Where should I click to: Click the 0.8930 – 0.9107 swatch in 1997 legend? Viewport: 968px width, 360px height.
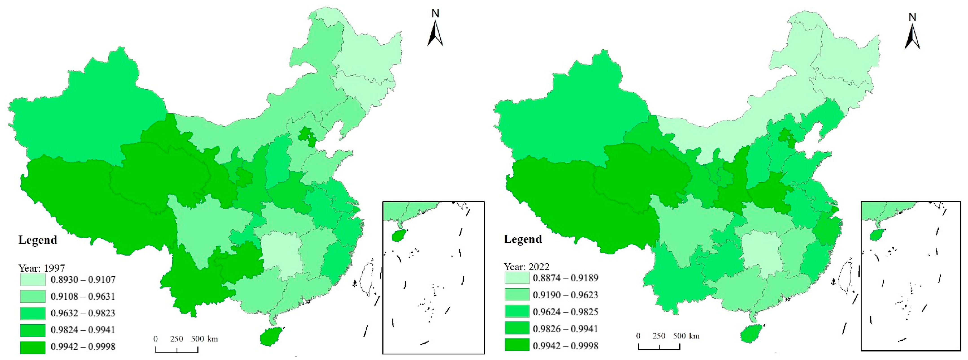(x=33, y=280)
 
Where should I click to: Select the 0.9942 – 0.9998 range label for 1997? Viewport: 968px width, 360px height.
(x=83, y=347)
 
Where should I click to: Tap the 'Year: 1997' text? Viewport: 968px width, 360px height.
(x=42, y=268)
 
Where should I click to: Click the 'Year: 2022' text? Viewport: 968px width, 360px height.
(x=527, y=266)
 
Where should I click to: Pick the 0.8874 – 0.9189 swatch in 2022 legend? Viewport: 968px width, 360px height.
(x=517, y=278)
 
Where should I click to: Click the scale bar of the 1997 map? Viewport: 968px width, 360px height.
(x=177, y=349)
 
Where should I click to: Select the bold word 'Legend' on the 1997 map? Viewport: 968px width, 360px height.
(x=37, y=240)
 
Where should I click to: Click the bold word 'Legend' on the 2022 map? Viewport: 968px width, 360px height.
(x=523, y=239)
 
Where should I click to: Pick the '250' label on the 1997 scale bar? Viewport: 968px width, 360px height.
(x=176, y=339)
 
